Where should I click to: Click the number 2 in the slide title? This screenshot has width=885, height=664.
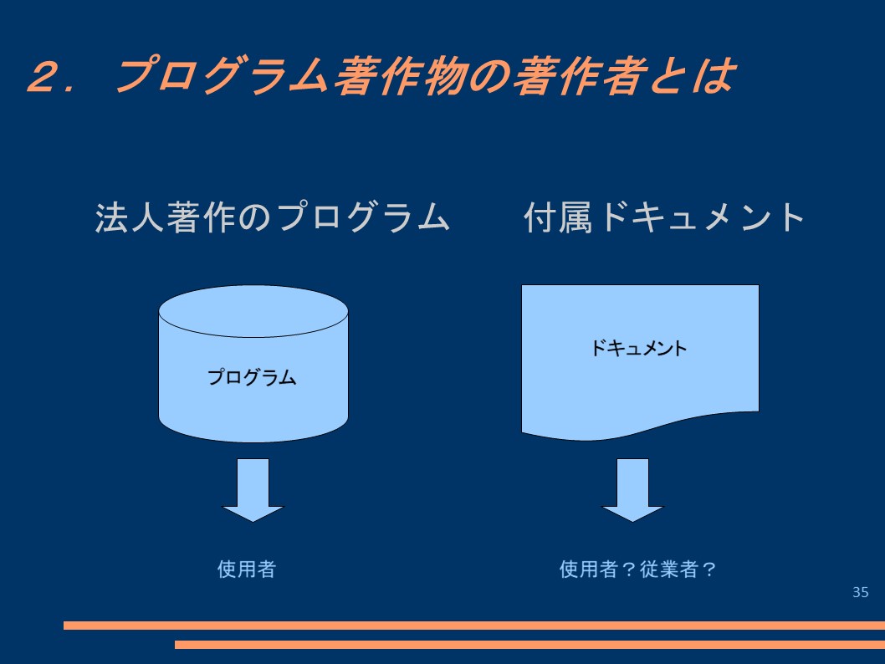[x=46, y=76]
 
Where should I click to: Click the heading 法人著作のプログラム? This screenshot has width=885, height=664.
[x=273, y=217]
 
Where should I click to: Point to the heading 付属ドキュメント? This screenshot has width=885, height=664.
[x=664, y=217]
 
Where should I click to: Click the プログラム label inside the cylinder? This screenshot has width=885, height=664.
[x=252, y=377]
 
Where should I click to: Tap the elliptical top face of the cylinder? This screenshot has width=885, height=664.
[x=253, y=311]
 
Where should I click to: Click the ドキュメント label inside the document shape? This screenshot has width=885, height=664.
[x=638, y=348]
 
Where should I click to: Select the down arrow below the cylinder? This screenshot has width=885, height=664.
[x=253, y=490]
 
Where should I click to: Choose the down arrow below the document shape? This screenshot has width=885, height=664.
[x=632, y=490]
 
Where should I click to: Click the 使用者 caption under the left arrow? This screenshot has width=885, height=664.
[x=247, y=569]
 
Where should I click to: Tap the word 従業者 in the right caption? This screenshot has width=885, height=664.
[x=668, y=569]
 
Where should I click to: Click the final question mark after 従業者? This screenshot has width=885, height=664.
[x=709, y=569]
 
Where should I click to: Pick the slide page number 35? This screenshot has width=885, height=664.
[x=860, y=592]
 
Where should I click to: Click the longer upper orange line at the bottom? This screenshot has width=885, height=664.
[x=474, y=625]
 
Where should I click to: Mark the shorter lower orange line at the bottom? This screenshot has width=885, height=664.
[x=530, y=644]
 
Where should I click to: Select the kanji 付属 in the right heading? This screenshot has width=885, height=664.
[x=558, y=217]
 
